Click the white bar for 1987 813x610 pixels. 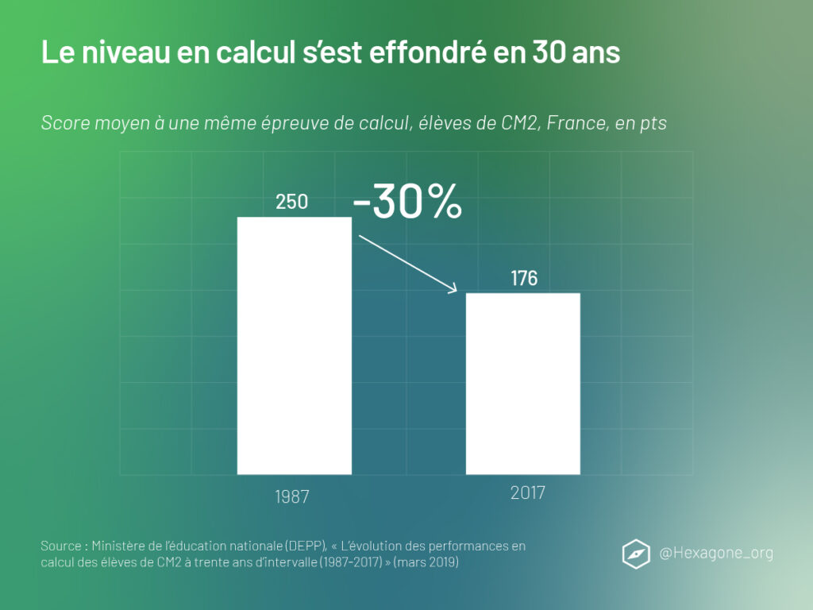click(x=295, y=346)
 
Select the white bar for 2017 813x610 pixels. click(x=522, y=384)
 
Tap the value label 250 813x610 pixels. click(x=291, y=203)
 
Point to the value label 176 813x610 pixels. click(x=524, y=279)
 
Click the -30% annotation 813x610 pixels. click(x=407, y=203)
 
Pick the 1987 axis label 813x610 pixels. click(x=291, y=497)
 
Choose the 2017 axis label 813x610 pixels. click(x=528, y=493)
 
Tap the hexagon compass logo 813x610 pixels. click(x=635, y=553)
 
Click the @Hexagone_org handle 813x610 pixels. click(x=716, y=553)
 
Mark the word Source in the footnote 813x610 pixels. click(x=60, y=546)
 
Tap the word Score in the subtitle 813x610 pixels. click(x=62, y=124)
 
